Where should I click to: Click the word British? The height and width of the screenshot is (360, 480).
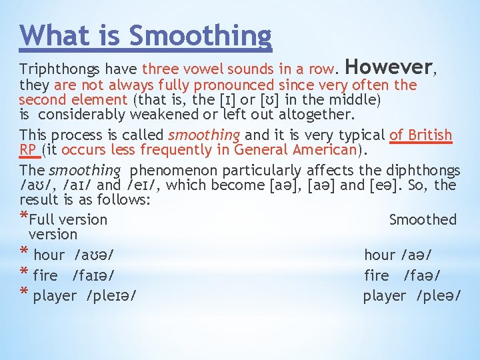[x=428, y=135]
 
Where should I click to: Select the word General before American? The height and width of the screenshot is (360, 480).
[x=261, y=150]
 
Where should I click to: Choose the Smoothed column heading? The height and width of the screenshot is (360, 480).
[x=423, y=219]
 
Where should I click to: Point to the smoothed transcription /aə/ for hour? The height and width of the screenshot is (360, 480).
[x=416, y=255]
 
